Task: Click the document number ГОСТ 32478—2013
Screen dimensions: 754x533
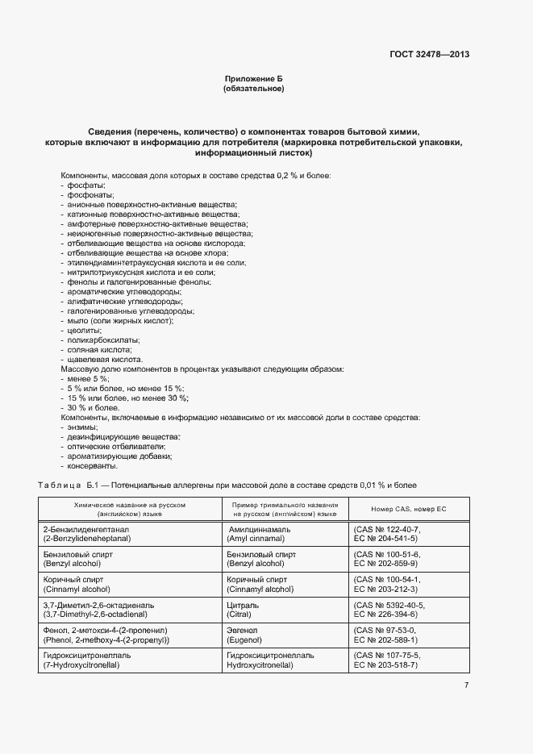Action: point(428,55)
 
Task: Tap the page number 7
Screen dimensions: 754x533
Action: point(466,685)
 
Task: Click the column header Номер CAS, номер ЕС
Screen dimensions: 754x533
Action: point(408,510)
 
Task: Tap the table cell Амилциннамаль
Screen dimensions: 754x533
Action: point(258,529)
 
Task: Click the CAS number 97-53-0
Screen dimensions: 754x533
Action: point(389,630)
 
